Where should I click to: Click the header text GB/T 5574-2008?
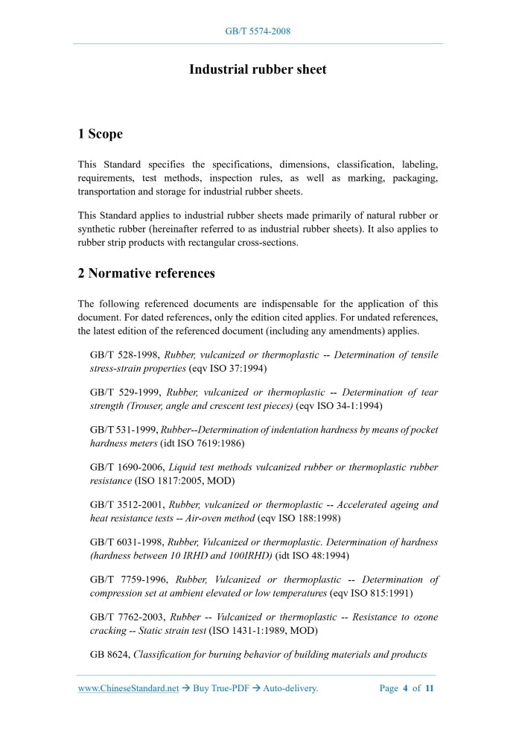[258, 31]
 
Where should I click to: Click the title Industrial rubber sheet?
[258, 69]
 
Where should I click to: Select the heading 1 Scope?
[100, 134]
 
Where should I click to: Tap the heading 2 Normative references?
[146, 273]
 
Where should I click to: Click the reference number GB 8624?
[109, 655]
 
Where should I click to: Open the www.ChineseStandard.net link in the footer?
[128, 688]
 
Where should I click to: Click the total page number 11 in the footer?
[430, 688]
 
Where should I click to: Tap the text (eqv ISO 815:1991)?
[371, 593]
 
